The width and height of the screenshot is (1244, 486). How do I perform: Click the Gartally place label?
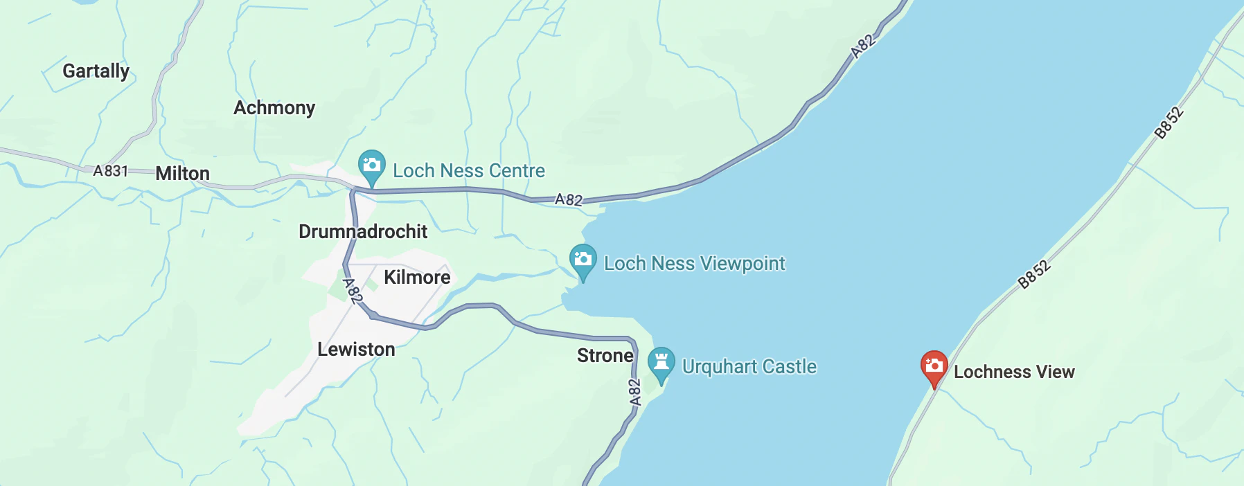point(96,71)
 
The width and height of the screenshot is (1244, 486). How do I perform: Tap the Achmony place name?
point(274,108)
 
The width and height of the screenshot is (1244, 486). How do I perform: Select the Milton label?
point(182,174)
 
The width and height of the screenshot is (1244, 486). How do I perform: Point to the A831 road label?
point(111,171)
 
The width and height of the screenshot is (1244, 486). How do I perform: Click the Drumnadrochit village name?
point(363,232)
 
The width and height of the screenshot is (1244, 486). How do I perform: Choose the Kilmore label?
point(417,278)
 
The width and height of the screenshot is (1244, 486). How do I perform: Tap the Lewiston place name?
point(356,350)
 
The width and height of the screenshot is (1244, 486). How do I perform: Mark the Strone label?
point(605,356)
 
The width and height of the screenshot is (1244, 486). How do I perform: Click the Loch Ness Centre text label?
point(469,171)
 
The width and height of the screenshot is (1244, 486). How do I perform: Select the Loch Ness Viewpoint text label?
point(695,264)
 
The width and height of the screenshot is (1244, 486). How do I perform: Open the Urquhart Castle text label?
point(749,367)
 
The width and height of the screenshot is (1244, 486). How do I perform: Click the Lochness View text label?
point(1014,372)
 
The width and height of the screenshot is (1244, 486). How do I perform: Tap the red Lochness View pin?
point(934,366)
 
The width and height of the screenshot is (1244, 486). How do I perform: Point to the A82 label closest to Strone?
point(634,392)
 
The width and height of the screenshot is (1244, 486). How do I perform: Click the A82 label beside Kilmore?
point(353,291)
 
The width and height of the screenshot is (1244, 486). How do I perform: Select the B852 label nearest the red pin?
point(1033,274)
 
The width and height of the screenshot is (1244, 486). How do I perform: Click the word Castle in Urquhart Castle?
point(789,367)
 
